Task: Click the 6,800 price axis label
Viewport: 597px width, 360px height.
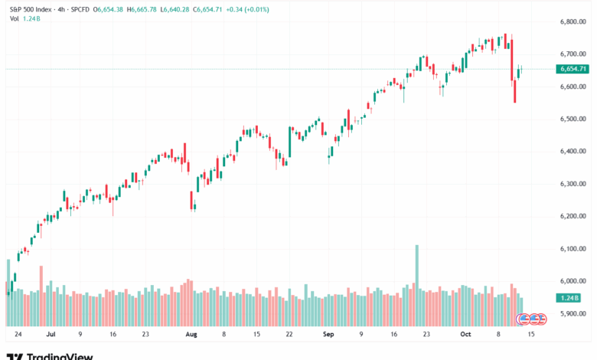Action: point(573,21)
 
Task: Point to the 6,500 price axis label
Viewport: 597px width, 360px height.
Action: point(573,119)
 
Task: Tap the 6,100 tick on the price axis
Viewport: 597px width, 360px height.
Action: point(573,249)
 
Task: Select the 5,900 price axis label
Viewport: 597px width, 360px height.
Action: point(573,314)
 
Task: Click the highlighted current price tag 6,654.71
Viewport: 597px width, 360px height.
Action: point(574,69)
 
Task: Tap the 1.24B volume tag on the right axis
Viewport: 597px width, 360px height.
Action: point(570,298)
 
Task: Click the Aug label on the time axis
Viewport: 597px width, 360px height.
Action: point(191,335)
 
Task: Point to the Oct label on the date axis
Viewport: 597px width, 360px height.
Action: point(467,335)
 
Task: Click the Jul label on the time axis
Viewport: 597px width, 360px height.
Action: point(51,335)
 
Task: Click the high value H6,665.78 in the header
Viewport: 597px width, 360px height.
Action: point(144,8)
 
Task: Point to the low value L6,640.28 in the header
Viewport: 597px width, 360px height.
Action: point(178,8)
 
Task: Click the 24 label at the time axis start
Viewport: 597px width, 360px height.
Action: point(18,335)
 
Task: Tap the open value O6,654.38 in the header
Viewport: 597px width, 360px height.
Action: point(109,8)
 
